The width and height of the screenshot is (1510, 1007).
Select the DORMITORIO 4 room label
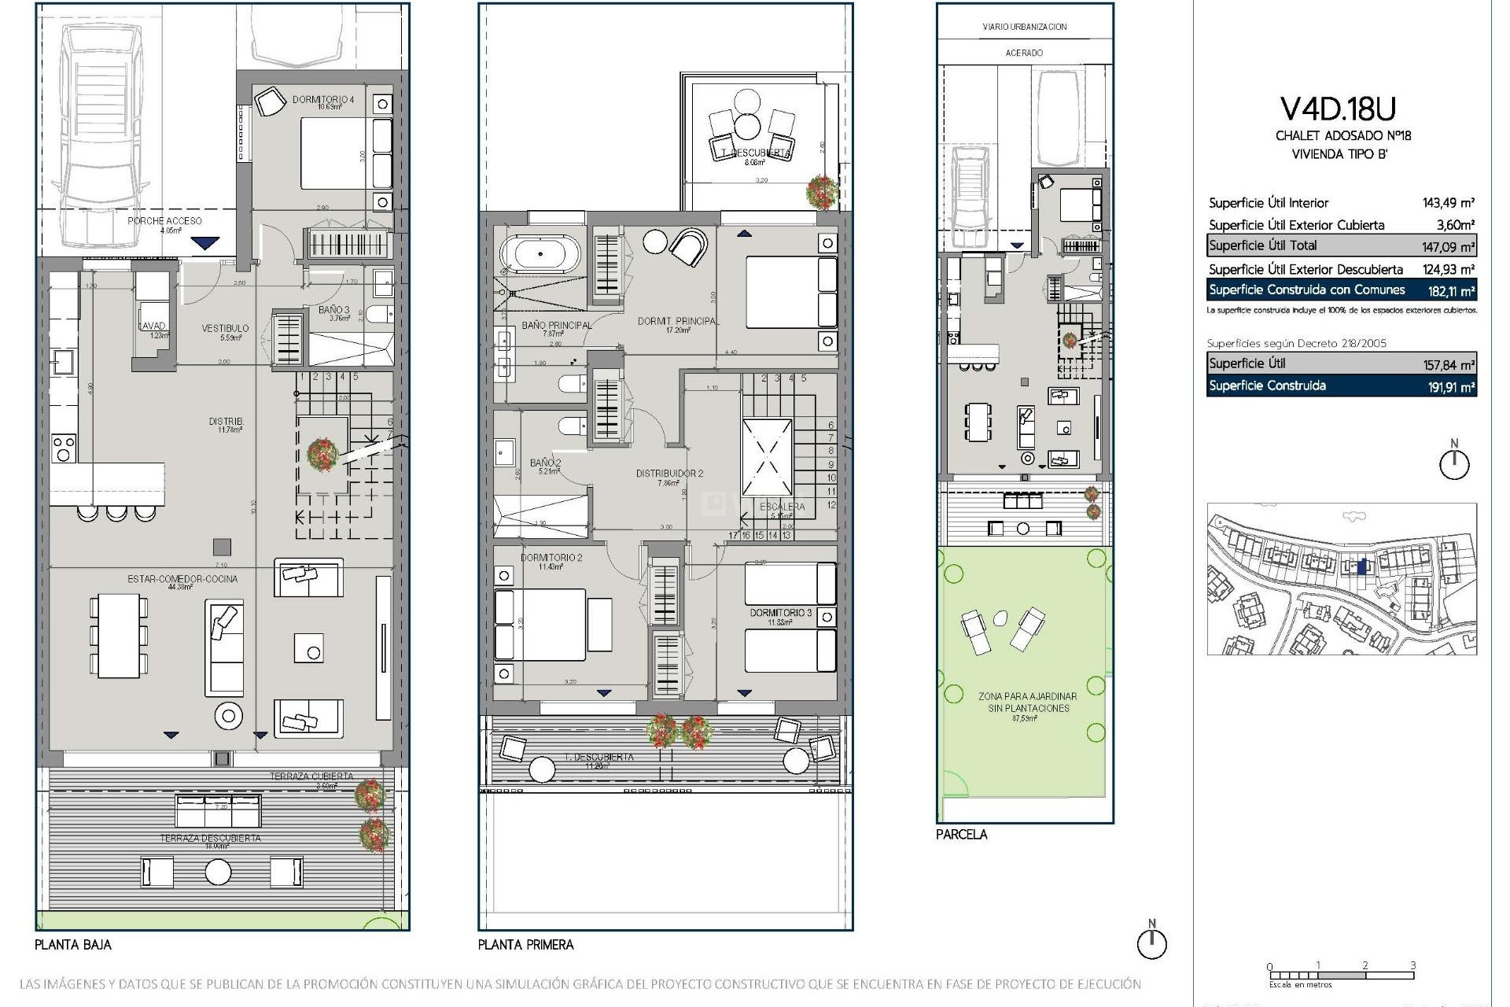click(322, 100)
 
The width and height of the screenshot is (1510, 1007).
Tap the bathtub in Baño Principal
click(540, 254)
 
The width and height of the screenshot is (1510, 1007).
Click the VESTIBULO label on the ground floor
click(225, 328)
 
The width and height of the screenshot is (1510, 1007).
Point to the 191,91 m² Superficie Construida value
click(1447, 386)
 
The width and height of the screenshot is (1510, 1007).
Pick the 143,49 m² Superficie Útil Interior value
click(1448, 203)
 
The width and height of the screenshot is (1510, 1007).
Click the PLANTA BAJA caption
click(73, 944)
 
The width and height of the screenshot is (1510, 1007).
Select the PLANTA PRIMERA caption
click(525, 944)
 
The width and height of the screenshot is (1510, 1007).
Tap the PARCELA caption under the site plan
click(961, 834)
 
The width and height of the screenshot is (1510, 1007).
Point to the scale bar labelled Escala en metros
click(1341, 976)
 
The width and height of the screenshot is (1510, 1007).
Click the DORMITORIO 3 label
click(780, 612)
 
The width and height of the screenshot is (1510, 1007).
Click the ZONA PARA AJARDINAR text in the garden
click(1027, 696)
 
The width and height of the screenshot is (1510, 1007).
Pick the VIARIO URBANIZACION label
click(1024, 27)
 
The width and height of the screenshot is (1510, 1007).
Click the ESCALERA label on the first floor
click(782, 507)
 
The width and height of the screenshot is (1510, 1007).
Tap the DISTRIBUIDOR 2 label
click(669, 474)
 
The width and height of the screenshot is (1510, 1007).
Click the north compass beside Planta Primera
click(1152, 942)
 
